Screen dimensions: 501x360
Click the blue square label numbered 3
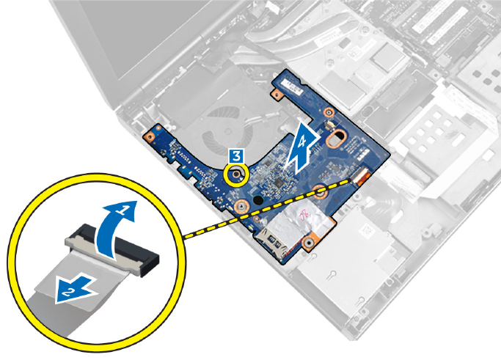(x=235, y=155)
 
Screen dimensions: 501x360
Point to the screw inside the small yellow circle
(x=236, y=174)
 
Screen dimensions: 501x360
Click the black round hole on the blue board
(x=257, y=199)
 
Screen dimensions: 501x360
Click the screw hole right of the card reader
(x=311, y=238)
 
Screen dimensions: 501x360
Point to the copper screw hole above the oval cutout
(x=329, y=111)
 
